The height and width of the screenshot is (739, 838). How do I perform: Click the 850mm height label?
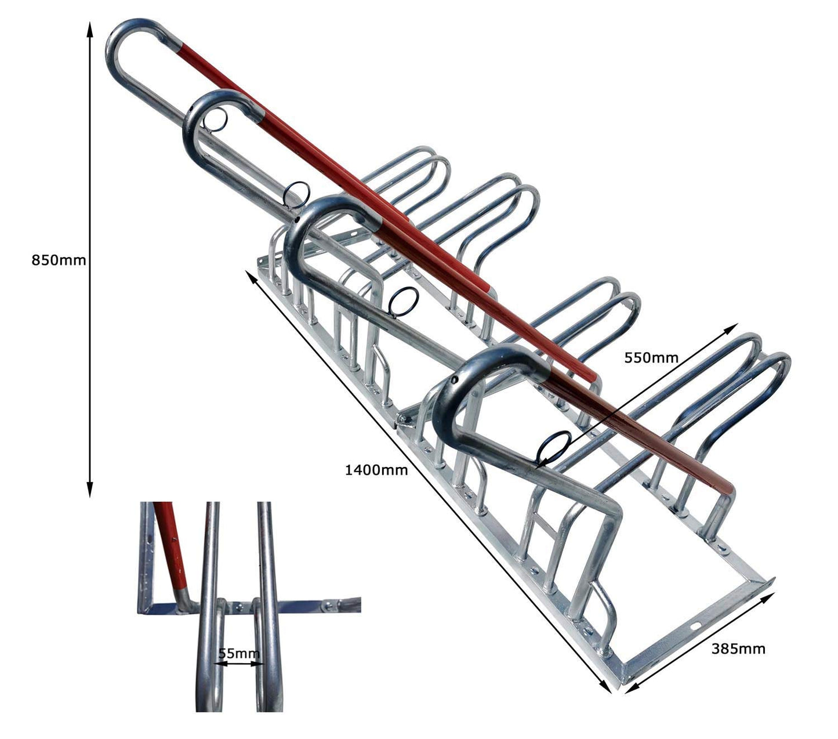pyautogui.click(x=59, y=260)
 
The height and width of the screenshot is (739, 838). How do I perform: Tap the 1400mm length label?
pyautogui.click(x=376, y=470)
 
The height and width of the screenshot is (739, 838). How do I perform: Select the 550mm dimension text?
pyautogui.click(x=651, y=357)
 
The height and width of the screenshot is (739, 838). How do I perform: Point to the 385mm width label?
pyautogui.click(x=738, y=649)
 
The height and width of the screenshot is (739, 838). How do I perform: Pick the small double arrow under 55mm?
pyautogui.click(x=240, y=664)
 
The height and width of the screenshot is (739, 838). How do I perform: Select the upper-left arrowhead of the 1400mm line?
pyautogui.click(x=251, y=275)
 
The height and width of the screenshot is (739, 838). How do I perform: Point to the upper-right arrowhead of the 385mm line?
pyautogui.click(x=768, y=597)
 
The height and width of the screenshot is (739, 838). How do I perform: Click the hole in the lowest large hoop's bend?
pyautogui.click(x=455, y=379)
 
